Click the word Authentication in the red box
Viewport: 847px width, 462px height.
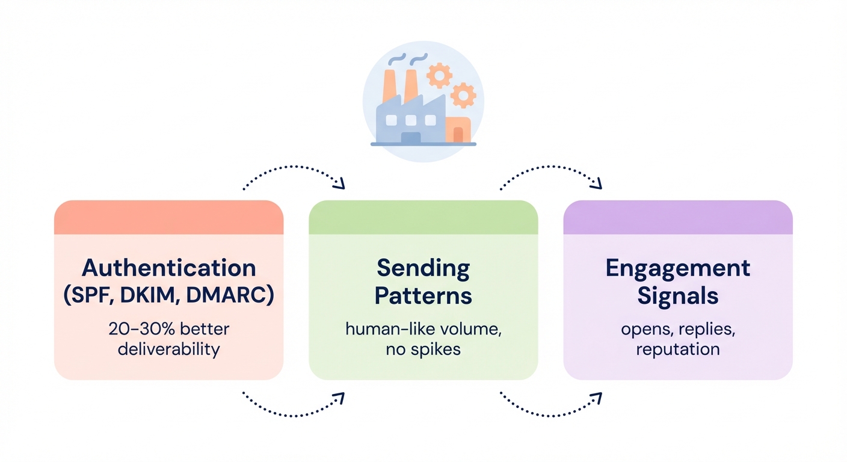point(168,268)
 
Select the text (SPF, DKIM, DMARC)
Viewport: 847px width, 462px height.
point(168,295)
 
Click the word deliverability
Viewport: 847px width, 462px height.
point(168,349)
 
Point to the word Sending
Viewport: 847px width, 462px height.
point(423,268)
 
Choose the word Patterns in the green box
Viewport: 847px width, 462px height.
point(423,295)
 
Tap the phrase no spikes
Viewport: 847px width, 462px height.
point(423,349)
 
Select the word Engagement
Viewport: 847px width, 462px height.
point(677,268)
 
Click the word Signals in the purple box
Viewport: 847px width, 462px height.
point(677,295)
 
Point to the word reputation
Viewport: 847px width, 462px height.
point(677,349)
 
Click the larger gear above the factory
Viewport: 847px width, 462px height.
point(439,76)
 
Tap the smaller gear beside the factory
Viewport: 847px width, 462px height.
point(463,95)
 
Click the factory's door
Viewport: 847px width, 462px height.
point(410,137)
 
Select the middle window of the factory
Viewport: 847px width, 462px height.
point(410,120)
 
